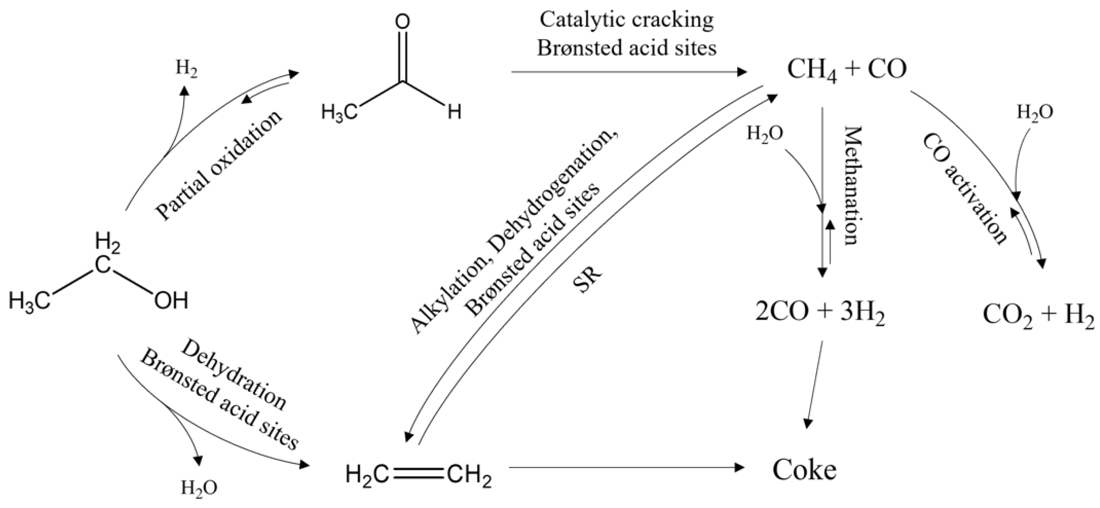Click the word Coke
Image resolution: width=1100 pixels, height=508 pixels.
pyautogui.click(x=804, y=470)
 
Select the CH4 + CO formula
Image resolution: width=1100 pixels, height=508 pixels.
pyautogui.click(x=846, y=69)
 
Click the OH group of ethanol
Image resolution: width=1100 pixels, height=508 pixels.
pyautogui.click(x=171, y=302)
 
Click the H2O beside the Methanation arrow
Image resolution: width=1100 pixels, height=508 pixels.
pyautogui.click(x=764, y=134)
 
